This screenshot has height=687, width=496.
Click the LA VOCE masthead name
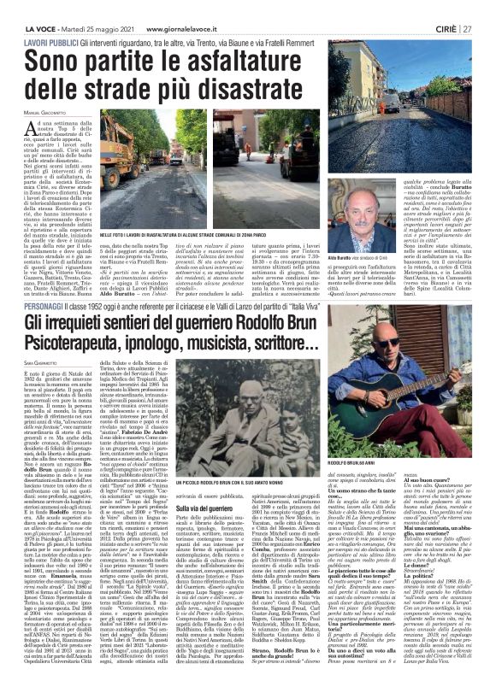(30, 6)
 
